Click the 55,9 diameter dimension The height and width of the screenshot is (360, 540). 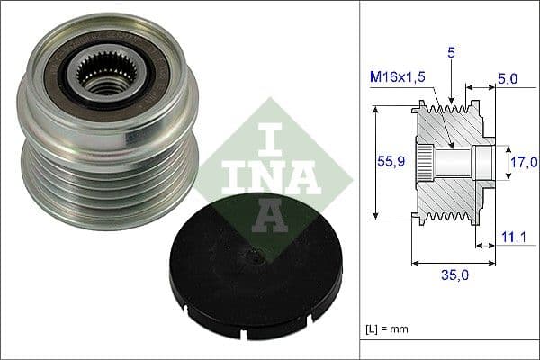389,163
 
